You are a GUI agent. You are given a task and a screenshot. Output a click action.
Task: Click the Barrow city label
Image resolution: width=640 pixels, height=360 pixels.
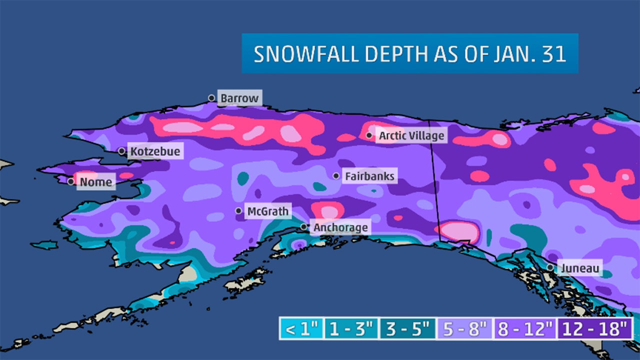click(240, 98)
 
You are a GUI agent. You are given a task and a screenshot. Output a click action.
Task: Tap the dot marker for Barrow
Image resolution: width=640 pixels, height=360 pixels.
click(211, 98)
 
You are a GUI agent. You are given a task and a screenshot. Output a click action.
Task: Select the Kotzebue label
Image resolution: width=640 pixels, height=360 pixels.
click(155, 151)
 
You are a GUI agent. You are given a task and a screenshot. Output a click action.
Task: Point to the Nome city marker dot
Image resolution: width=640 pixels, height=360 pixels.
click(71, 181)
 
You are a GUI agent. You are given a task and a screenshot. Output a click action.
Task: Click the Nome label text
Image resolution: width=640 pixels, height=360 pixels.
click(96, 182)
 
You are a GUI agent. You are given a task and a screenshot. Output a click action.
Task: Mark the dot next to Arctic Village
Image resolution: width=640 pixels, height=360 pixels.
click(369, 135)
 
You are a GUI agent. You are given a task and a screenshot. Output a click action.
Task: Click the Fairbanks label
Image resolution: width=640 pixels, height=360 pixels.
click(369, 176)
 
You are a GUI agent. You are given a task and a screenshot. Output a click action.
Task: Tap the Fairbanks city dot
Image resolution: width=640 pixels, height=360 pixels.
click(336, 176)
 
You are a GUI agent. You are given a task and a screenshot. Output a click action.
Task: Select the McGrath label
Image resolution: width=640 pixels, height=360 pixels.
click(268, 211)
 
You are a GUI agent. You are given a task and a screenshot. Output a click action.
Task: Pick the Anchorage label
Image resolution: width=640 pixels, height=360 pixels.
click(340, 228)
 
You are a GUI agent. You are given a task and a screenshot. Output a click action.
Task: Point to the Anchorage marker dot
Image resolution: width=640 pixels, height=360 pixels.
click(303, 227)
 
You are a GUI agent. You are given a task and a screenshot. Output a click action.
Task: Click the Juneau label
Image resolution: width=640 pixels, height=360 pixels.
click(579, 268)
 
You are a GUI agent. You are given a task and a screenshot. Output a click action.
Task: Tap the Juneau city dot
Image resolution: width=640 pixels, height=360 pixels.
click(550, 267)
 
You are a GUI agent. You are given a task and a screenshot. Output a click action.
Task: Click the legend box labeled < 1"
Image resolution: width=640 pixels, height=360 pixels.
click(301, 329)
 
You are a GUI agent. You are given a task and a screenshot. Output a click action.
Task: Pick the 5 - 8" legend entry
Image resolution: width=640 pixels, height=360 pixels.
click(463, 329)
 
